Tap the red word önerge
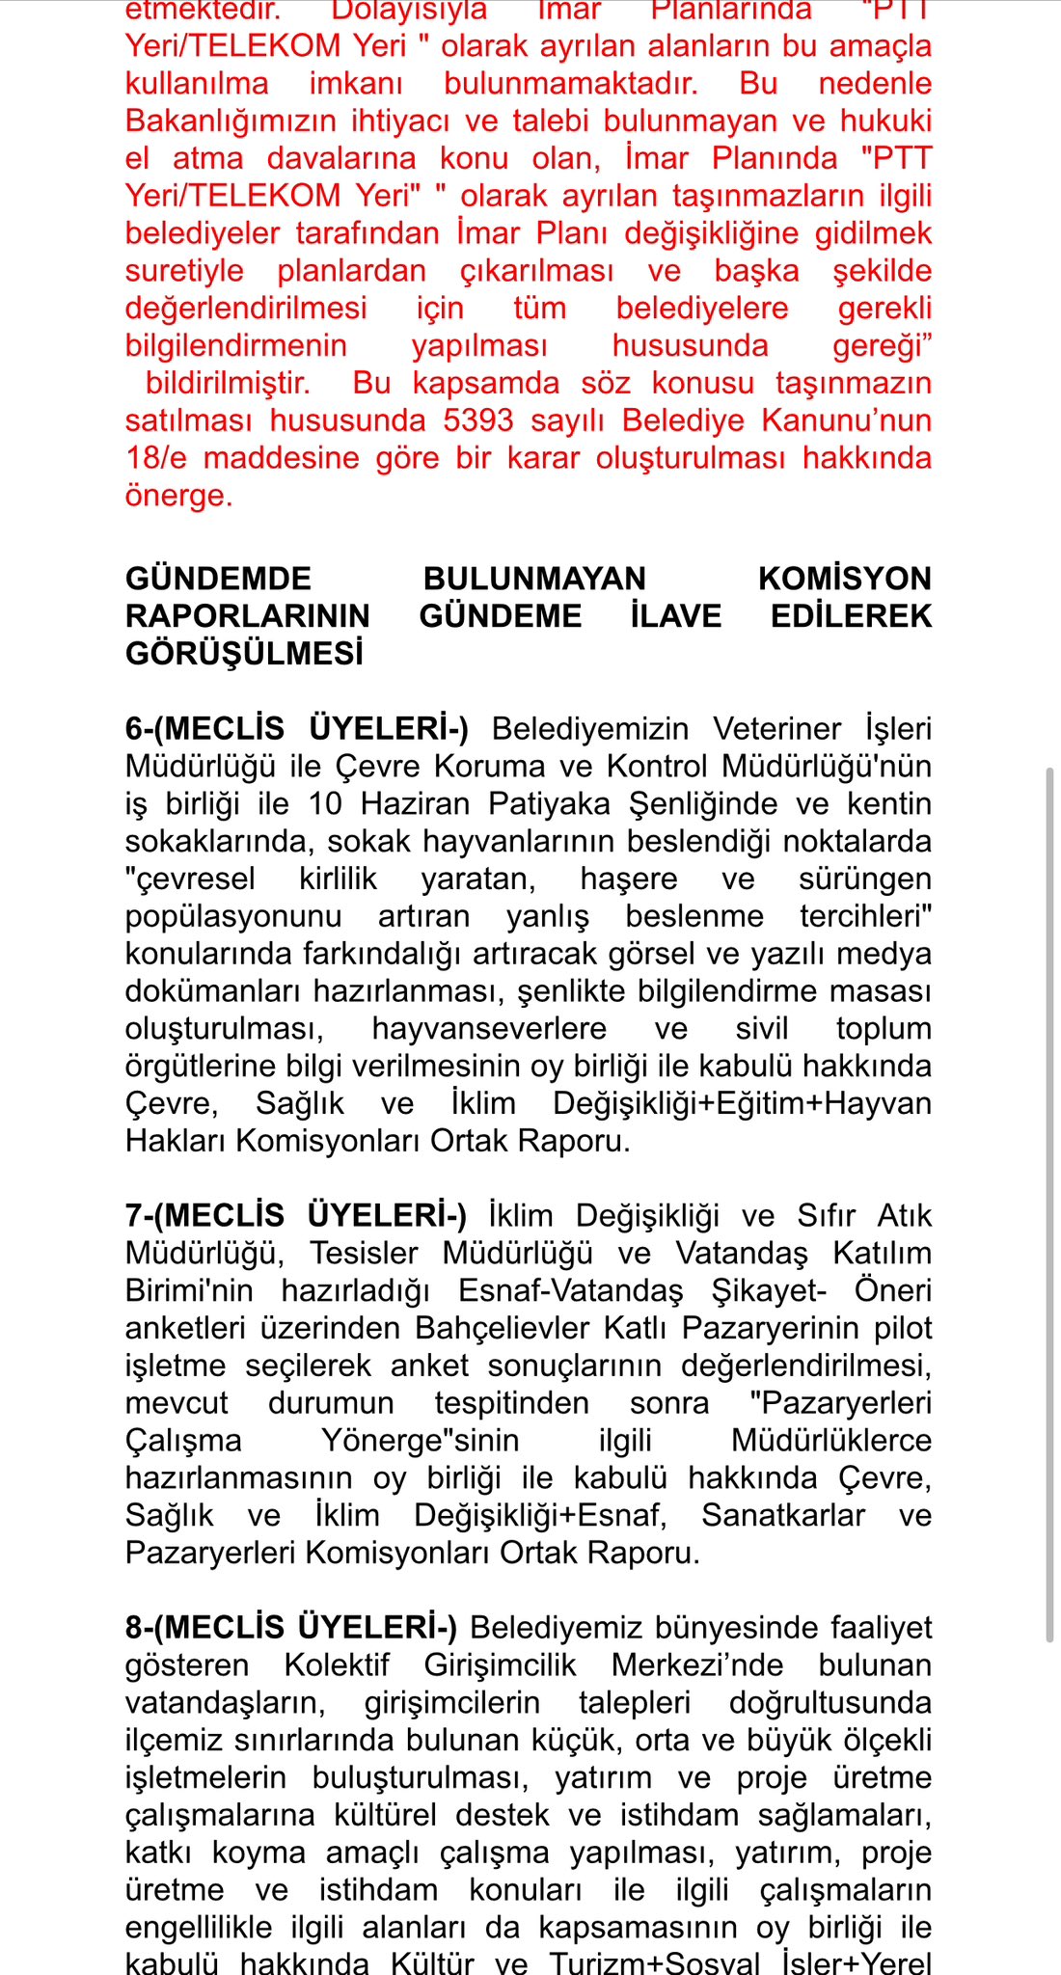click(x=178, y=496)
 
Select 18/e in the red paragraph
click(x=156, y=458)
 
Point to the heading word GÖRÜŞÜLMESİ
click(x=245, y=654)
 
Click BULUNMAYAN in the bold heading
click(x=534, y=579)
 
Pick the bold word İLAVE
click(x=675, y=616)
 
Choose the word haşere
click(x=628, y=879)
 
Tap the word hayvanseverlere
click(x=489, y=1029)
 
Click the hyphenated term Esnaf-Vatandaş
click(x=570, y=1291)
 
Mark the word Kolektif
click(x=337, y=1665)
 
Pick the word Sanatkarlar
click(x=782, y=1516)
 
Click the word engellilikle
click(x=199, y=1928)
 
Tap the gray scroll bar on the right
click(x=1049, y=1205)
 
